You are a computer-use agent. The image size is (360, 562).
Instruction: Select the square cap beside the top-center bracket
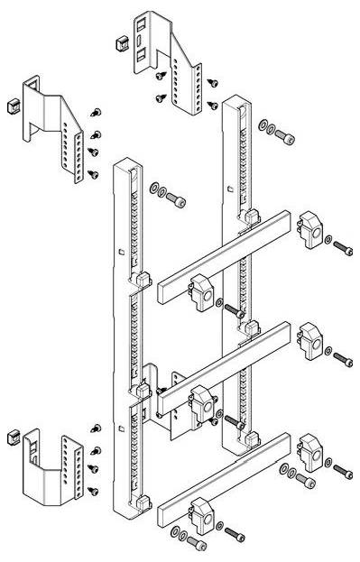click(x=117, y=42)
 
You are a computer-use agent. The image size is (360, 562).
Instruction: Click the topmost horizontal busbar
click(x=221, y=256)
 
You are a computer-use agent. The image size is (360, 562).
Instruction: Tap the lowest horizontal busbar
click(x=221, y=480)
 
